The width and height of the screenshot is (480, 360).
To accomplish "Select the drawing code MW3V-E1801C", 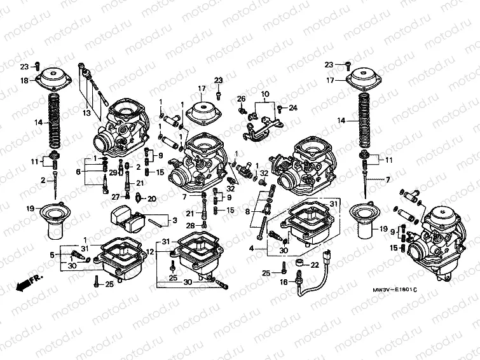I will [395, 290].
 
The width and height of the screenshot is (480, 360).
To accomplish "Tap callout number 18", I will [24, 81].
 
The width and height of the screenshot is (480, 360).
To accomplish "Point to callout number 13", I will [86, 113].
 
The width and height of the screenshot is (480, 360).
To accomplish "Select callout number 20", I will [151, 199].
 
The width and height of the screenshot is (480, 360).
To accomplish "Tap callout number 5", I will [52, 256].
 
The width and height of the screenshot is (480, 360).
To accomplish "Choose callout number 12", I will [151, 252].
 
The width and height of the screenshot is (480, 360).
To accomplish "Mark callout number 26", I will [242, 99].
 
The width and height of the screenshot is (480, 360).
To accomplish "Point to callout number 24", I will [293, 107].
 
